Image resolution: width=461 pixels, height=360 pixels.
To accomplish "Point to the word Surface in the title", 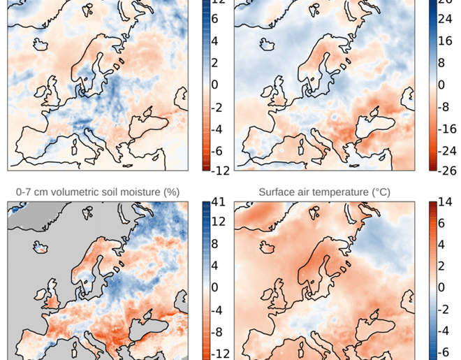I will [278, 191].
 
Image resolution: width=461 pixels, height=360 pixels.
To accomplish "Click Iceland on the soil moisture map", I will [42, 245].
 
